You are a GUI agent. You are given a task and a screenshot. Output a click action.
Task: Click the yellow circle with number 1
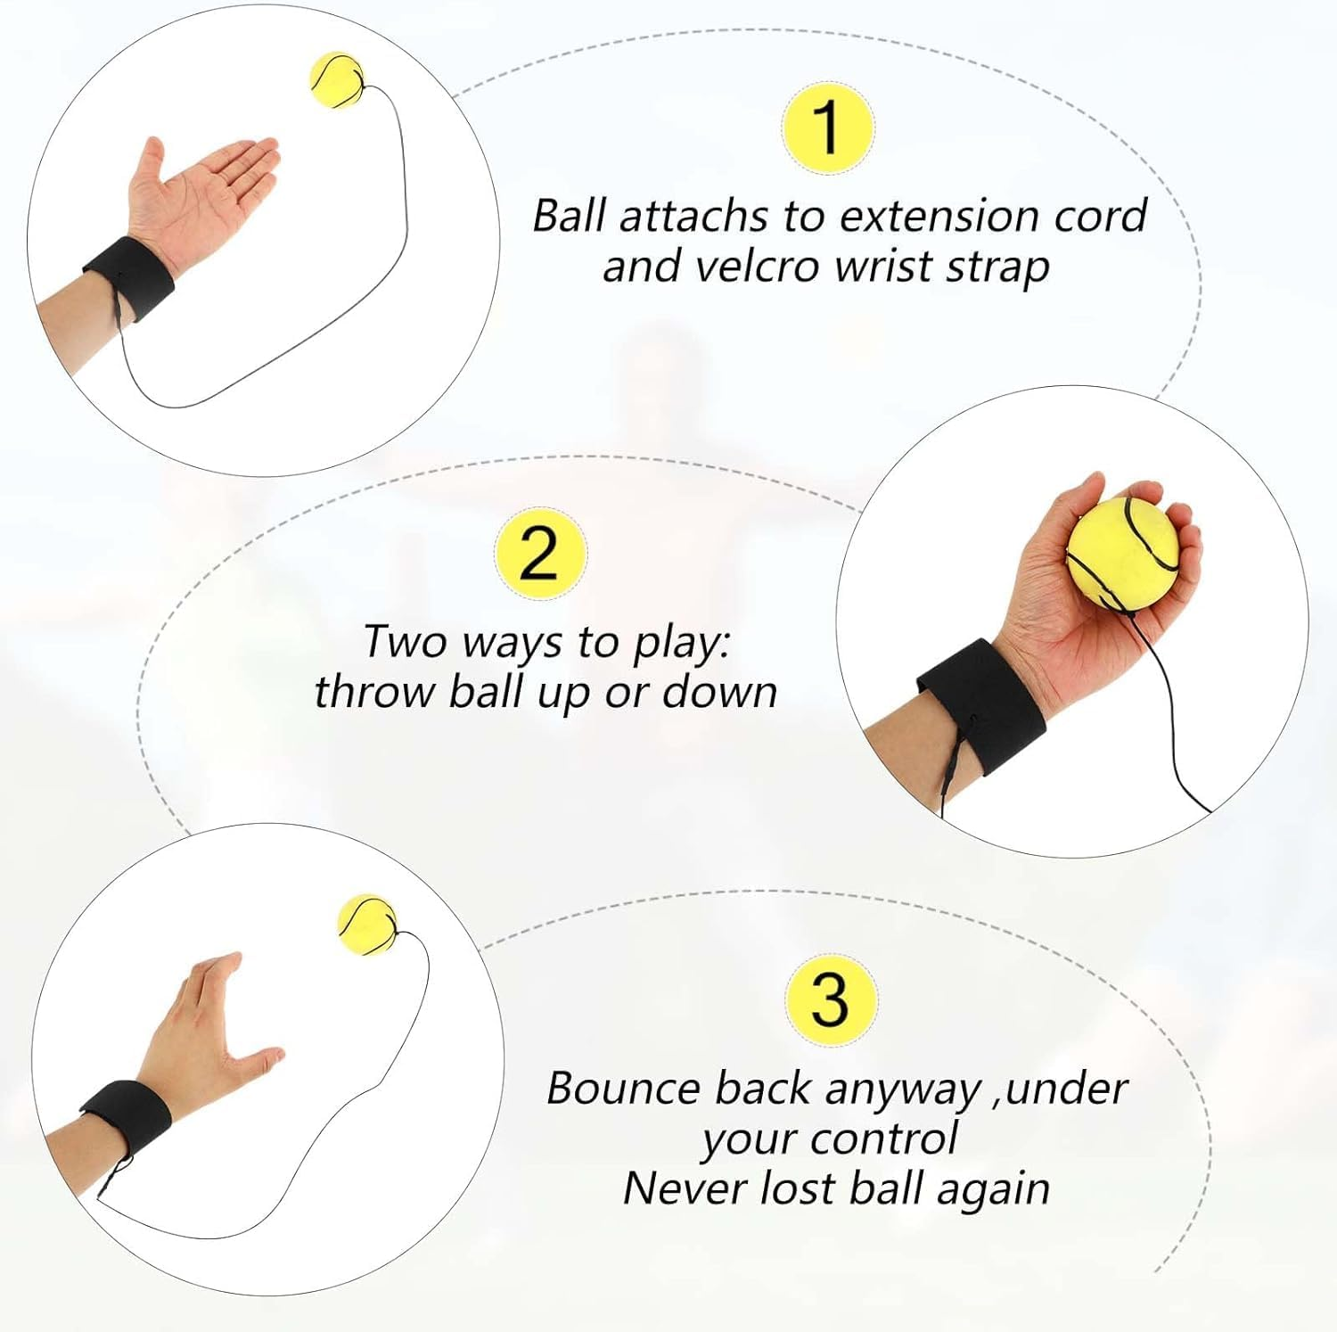(x=827, y=127)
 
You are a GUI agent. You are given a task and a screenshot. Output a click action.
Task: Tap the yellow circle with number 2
(x=540, y=554)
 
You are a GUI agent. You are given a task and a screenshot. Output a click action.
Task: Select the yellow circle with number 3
(x=830, y=999)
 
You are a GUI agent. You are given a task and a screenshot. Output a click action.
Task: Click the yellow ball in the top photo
(x=336, y=80)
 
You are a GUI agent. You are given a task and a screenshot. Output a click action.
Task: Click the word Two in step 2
(x=404, y=642)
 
